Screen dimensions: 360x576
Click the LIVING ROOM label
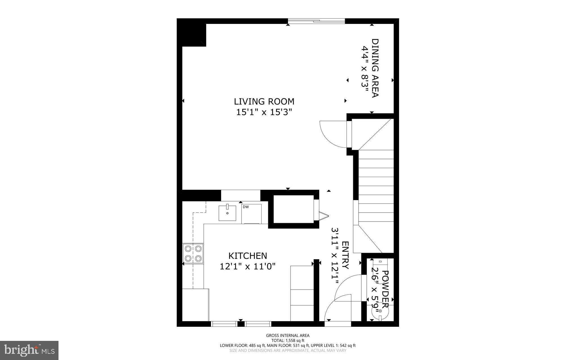click(x=264, y=101)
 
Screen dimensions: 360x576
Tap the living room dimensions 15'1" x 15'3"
click(x=264, y=112)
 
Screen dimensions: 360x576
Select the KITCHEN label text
click(x=247, y=256)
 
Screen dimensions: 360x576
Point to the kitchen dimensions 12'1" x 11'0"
click(x=247, y=266)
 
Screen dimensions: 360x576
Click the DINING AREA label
click(x=375, y=68)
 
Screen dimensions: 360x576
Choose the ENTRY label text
click(x=345, y=255)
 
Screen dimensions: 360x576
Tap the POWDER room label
click(x=385, y=289)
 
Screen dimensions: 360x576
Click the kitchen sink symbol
click(x=227, y=213)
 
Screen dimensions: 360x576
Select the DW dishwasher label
click(x=246, y=207)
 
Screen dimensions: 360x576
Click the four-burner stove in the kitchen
click(x=193, y=254)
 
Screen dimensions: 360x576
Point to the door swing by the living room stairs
click(x=333, y=134)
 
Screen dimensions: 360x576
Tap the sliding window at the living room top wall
click(x=316, y=21)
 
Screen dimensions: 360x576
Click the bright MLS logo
click(x=29, y=350)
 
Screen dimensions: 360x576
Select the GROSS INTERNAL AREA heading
click(x=288, y=336)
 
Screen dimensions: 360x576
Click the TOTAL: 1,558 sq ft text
click(x=288, y=341)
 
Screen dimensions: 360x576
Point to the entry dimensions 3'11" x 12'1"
click(x=335, y=256)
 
